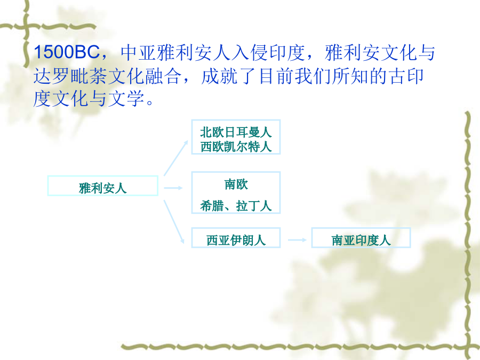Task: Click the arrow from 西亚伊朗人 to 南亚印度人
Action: point(297,240)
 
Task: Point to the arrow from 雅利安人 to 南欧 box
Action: point(173,188)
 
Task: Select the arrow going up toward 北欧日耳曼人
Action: point(175,158)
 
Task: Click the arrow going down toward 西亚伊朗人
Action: point(174,222)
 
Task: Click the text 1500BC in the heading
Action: point(67,52)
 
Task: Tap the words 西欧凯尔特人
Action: point(236,147)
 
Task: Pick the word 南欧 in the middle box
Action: point(236,185)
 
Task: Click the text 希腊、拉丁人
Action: point(236,206)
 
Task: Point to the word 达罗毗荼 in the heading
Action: point(70,76)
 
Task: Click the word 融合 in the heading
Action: point(163,76)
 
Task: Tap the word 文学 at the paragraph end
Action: point(126,99)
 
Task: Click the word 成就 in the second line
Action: point(219,76)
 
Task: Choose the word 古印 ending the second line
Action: point(406,76)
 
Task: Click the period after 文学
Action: point(150,102)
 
